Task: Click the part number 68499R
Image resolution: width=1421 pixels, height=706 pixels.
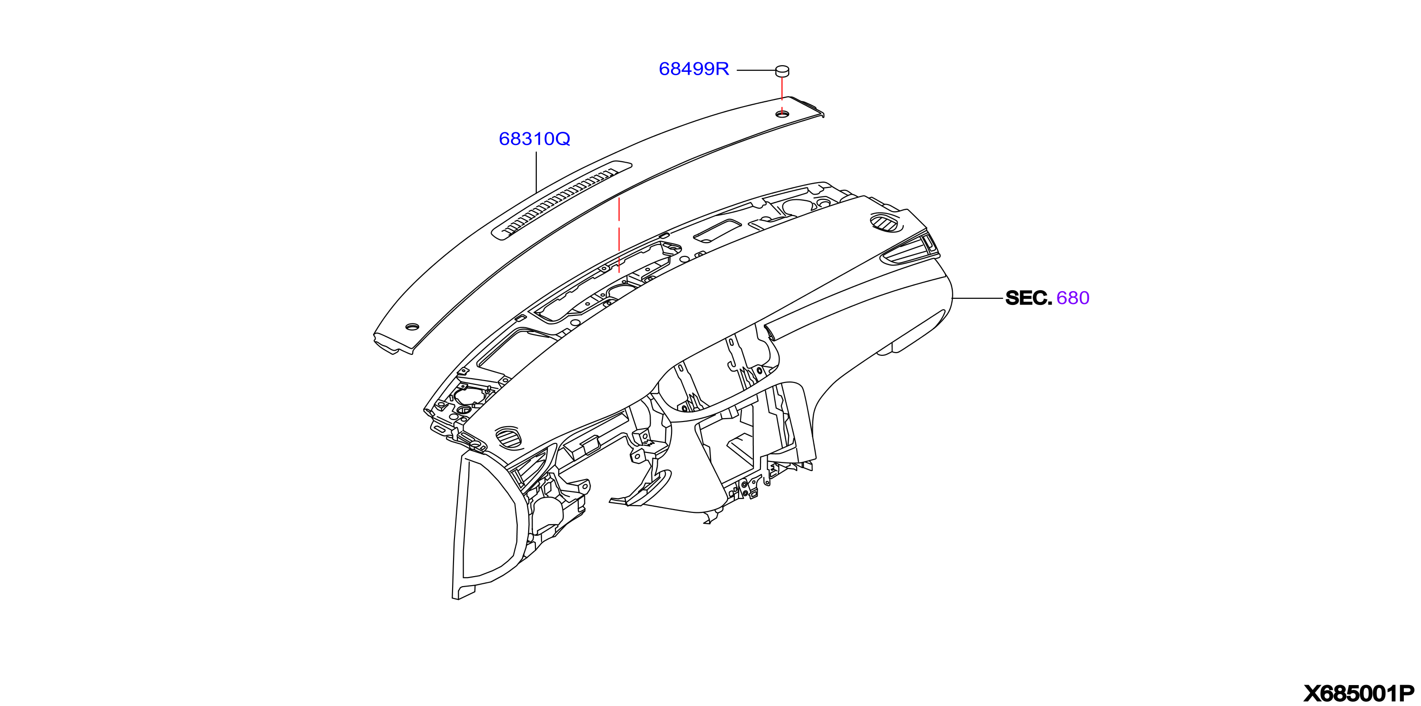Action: pyautogui.click(x=694, y=69)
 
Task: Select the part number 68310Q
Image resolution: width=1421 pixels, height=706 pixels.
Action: pyautogui.click(x=534, y=139)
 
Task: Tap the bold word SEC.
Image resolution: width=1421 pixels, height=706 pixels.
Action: pyautogui.click(x=1029, y=298)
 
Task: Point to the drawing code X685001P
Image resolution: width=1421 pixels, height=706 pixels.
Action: pyautogui.click(x=1359, y=693)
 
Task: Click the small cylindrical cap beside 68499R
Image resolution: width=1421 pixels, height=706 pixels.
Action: pyautogui.click(x=782, y=70)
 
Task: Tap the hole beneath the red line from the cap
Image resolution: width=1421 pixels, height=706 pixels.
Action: pyautogui.click(x=782, y=114)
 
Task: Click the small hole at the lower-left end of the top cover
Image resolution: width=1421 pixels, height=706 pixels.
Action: pyautogui.click(x=412, y=326)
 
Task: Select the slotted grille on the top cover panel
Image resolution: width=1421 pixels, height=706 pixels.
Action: pyautogui.click(x=562, y=201)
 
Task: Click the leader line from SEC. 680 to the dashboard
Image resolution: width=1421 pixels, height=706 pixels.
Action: pyautogui.click(x=977, y=298)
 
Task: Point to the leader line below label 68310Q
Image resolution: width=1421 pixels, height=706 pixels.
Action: pyautogui.click(x=536, y=172)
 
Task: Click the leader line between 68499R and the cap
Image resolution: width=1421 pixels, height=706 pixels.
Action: pyautogui.click(x=756, y=70)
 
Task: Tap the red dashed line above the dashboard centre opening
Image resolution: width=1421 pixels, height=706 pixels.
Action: pyautogui.click(x=619, y=235)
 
